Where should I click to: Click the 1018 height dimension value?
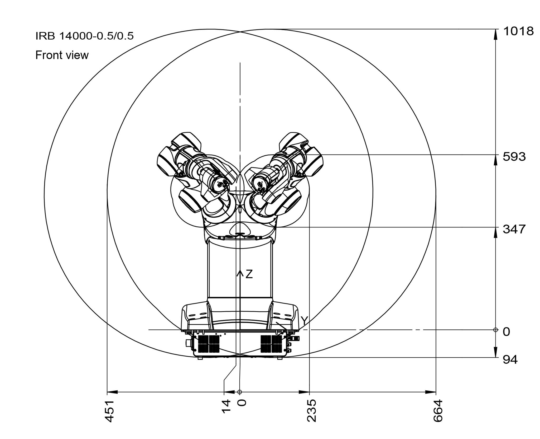coord(518,31)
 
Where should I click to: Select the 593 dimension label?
coord(514,157)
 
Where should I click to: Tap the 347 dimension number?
coord(514,229)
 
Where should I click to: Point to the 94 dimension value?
coord(510,360)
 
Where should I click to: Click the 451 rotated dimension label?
coord(109,411)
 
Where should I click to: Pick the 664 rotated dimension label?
coord(438,411)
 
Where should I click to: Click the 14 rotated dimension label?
coord(226,406)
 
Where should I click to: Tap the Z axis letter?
coord(249,274)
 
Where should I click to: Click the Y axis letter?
coord(304,321)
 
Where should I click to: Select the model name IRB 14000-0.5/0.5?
coord(84,36)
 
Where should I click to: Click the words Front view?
coord(62,55)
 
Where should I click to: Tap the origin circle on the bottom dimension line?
coord(239,392)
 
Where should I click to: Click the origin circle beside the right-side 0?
coord(495,330)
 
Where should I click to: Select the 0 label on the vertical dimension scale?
coord(507,332)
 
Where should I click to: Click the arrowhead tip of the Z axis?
coord(240,270)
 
